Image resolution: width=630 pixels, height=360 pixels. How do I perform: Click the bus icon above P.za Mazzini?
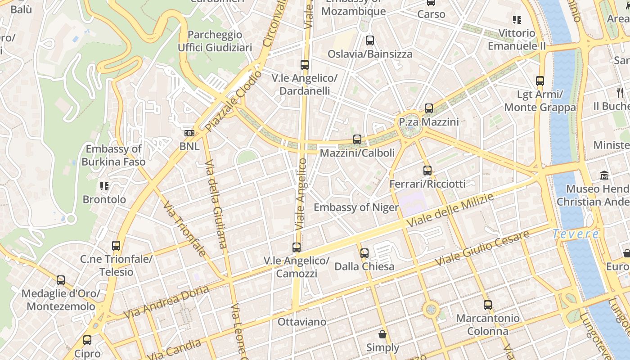(x=429, y=108)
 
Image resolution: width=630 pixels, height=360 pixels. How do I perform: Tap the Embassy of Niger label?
(x=356, y=207)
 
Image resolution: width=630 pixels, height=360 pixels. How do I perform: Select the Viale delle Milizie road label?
(x=450, y=211)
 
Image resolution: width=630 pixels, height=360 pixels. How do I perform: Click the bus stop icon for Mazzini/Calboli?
(x=357, y=139)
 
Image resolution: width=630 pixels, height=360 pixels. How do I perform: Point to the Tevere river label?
(x=576, y=234)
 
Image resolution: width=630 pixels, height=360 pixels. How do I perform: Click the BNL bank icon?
(x=189, y=133)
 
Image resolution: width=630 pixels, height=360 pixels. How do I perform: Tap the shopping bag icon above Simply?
(x=382, y=334)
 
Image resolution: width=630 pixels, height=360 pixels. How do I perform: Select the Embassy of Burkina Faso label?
(x=113, y=155)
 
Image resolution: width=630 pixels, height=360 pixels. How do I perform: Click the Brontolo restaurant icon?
(x=104, y=186)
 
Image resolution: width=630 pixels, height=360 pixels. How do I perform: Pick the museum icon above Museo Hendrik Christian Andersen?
(x=604, y=175)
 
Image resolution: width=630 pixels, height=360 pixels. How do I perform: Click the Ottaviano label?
(x=301, y=322)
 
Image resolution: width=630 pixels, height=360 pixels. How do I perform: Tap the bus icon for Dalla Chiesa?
(x=364, y=253)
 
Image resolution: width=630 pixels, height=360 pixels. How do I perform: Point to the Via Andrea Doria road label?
(x=166, y=302)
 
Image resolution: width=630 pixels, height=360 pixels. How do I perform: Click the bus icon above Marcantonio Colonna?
(x=488, y=305)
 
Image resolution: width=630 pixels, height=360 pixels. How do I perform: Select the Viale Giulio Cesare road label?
(x=482, y=249)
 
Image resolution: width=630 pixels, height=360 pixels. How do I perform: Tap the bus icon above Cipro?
(x=87, y=340)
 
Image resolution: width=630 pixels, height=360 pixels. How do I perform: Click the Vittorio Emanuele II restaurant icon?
(x=517, y=20)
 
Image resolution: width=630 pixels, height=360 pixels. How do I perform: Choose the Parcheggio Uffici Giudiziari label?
(x=215, y=41)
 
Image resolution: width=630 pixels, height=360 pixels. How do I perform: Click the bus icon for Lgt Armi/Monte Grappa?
(x=540, y=81)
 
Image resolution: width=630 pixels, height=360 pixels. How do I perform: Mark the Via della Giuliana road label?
(x=216, y=204)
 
